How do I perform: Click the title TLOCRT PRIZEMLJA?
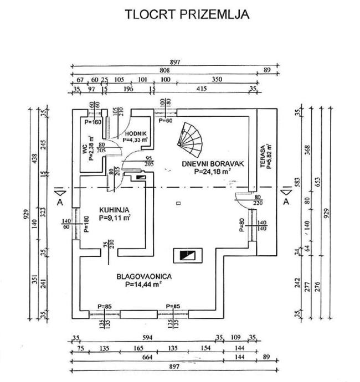tap(187, 14)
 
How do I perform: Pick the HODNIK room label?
tap(135, 133)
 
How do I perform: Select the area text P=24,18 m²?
tap(213, 172)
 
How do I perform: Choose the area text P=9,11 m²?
tap(115, 219)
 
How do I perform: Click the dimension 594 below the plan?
tap(147, 337)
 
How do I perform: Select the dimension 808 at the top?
tap(164, 71)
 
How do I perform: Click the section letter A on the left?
tap(60, 202)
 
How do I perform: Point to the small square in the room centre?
tap(178, 204)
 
